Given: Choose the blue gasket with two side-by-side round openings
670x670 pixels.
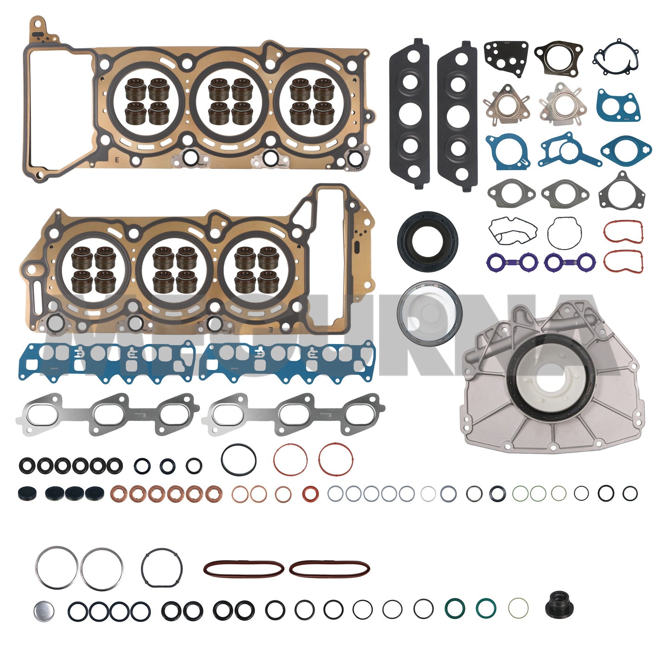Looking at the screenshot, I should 619,106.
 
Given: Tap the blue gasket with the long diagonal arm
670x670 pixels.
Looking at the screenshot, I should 567,151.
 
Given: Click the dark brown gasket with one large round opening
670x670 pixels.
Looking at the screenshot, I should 558,58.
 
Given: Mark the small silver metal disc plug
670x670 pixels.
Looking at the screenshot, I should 44,611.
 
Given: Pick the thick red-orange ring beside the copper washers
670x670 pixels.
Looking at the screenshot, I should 310,493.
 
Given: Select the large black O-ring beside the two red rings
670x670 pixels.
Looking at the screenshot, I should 238,459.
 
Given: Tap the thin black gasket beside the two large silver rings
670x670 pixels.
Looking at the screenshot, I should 162,568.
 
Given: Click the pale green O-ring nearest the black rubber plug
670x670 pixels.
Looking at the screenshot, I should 518,608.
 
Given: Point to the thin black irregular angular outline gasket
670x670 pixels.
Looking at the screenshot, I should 512,230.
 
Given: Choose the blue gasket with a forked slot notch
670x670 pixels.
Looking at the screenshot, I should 508,151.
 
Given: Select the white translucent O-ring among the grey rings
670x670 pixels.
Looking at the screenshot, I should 428,493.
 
